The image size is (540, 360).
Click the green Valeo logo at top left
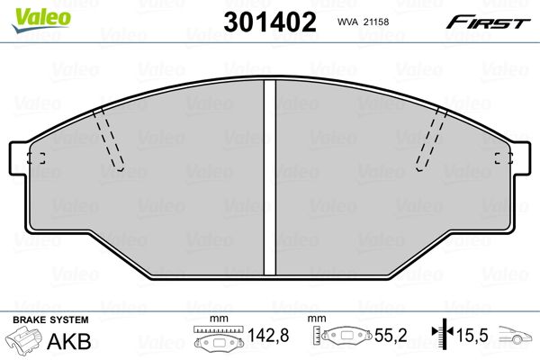(41, 20)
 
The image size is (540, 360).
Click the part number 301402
(270, 22)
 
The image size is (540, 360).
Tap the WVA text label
(347, 22)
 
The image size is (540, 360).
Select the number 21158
(375, 22)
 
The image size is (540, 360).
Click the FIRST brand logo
(488, 22)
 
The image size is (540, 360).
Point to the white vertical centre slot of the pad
(270, 177)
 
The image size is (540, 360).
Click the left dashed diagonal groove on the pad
(108, 139)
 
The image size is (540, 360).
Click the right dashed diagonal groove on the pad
(431, 139)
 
